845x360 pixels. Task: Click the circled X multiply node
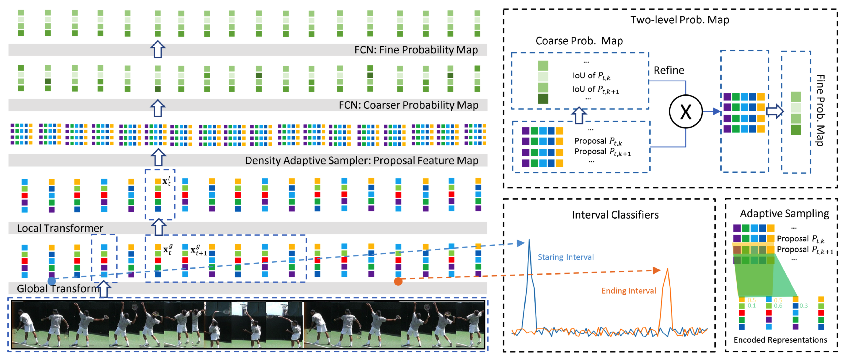point(685,111)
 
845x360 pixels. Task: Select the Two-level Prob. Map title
point(679,20)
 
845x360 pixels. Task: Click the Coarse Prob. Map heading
point(579,41)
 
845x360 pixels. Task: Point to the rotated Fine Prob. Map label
point(820,110)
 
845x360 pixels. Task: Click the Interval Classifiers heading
point(615,215)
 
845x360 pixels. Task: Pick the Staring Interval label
point(566,257)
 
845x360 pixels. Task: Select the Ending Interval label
point(628,290)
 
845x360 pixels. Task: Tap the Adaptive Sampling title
point(784,213)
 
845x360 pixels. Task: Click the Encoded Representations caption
point(780,340)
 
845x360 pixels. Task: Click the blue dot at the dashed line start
point(51,281)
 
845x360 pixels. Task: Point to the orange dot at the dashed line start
point(398,281)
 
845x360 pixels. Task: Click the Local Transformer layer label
point(60,228)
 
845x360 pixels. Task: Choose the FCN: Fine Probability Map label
point(416,50)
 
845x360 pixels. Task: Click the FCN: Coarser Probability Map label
point(408,105)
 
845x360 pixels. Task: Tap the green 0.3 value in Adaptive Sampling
point(803,306)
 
